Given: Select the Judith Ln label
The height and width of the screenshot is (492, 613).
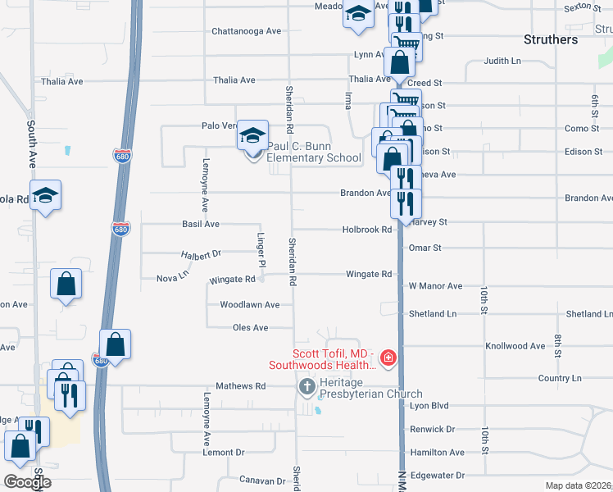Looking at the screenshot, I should tap(502, 61).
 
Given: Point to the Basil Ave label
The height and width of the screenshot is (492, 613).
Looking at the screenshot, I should tap(201, 224).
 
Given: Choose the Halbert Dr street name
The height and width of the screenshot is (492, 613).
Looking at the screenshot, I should tap(202, 255).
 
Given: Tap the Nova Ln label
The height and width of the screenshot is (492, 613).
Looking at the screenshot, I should tap(172, 279).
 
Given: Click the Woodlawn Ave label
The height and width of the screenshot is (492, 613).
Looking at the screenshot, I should tap(250, 305).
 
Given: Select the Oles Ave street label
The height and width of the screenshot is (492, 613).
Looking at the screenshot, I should tap(250, 328).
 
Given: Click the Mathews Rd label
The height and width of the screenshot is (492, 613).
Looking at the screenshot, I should tap(240, 386).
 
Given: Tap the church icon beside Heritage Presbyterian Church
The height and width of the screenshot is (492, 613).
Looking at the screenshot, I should tap(307, 386).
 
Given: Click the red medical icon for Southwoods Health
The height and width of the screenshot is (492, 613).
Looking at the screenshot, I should tap(387, 358).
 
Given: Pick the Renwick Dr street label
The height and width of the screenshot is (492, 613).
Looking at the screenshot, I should tap(433, 430).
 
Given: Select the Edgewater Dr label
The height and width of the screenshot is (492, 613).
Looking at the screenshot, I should tap(437, 476).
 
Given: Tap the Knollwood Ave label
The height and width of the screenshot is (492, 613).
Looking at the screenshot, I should tap(515, 347).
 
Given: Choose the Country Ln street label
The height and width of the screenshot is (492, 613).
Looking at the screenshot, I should tap(560, 379).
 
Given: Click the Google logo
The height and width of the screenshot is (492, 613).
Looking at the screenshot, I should tap(27, 482).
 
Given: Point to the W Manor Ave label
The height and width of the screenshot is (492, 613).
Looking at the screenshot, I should tap(435, 287).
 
